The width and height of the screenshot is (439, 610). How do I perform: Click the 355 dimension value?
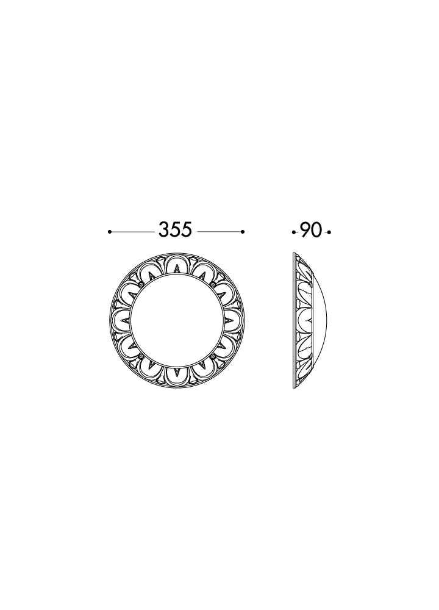[176, 230]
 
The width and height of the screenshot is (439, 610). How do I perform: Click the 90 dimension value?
[311, 231]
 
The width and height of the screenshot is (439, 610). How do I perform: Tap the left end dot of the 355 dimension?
[110, 232]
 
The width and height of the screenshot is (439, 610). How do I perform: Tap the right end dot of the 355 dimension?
[243, 232]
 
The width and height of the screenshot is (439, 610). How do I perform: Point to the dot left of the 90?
[293, 232]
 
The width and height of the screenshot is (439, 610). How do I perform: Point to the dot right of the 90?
[329, 232]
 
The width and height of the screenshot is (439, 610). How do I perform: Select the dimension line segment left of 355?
[133, 232]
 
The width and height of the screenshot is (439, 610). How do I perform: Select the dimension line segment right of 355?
[219, 232]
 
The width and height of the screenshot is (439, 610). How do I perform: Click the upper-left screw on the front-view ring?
[141, 285]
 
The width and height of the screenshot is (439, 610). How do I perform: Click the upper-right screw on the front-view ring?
[213, 285]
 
